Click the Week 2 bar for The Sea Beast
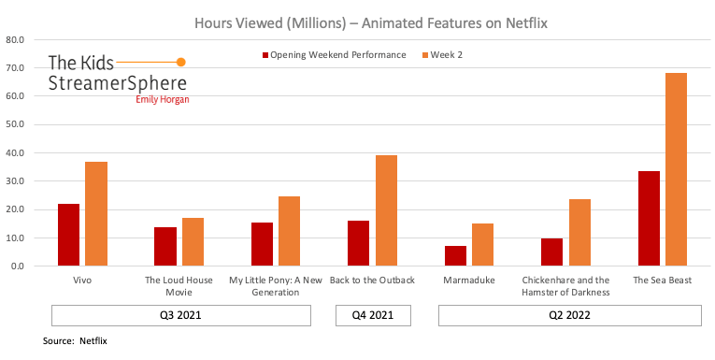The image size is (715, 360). click(x=676, y=169)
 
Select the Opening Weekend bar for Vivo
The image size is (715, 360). click(x=68, y=235)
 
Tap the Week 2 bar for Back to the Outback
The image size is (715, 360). click(x=386, y=210)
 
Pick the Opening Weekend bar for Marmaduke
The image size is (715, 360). click(x=455, y=255)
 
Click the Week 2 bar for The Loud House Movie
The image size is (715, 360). click(x=193, y=241)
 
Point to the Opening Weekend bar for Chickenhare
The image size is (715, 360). click(x=551, y=252)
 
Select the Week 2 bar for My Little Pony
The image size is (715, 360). click(x=290, y=231)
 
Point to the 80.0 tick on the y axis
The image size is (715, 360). click(x=15, y=40)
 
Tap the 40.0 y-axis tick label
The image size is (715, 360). click(x=15, y=153)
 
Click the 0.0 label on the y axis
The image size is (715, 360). click(x=18, y=266)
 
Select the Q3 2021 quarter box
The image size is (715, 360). click(x=180, y=316)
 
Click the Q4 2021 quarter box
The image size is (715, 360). click(x=373, y=316)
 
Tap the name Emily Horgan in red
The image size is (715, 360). click(x=163, y=99)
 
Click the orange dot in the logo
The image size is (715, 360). click(x=181, y=62)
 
